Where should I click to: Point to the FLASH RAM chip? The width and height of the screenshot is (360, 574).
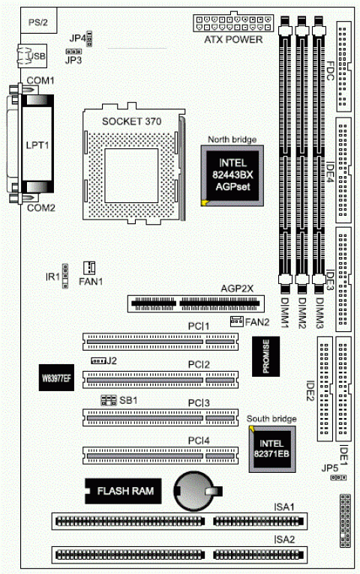(124, 492)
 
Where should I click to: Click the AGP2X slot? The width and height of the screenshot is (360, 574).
(196, 304)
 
